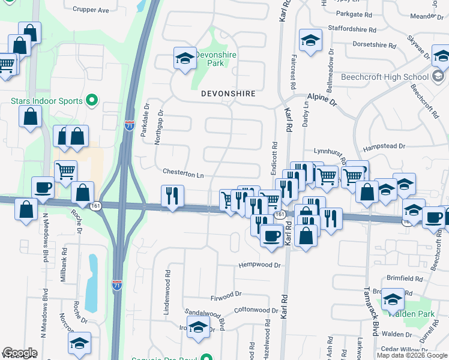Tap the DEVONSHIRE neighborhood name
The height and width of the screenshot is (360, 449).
point(228,94)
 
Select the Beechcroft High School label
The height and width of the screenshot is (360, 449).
point(385,77)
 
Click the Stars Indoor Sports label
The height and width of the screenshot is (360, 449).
point(46,101)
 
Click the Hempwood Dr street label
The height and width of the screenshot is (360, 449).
point(259,265)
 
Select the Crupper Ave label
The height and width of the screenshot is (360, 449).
point(91,10)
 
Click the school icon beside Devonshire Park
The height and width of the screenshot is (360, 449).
point(185,59)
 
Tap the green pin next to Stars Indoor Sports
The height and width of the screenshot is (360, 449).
point(92,100)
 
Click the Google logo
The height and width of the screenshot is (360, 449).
point(20,353)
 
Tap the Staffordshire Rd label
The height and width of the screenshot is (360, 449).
point(352,29)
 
